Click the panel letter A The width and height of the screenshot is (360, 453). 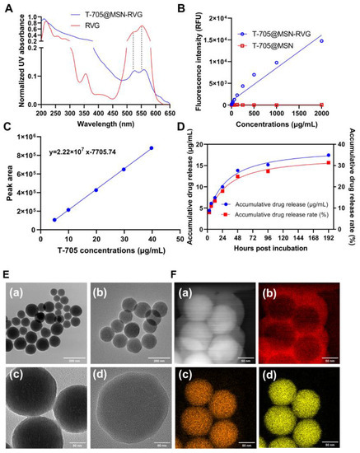point(6,7)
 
